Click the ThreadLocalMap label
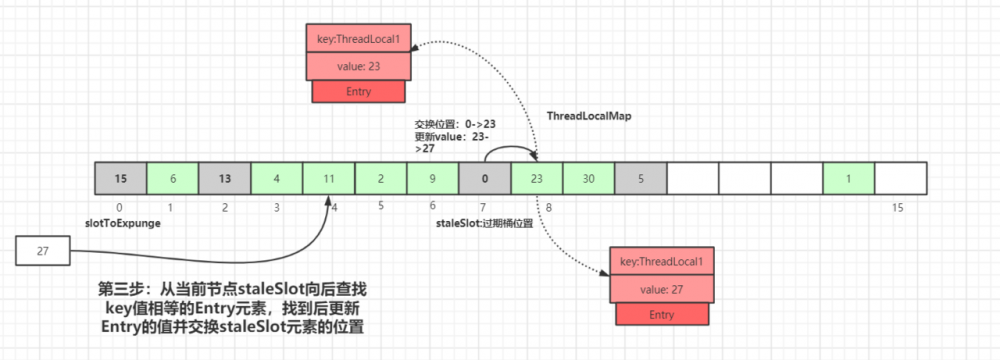click(x=589, y=116)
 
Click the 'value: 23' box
click(x=357, y=65)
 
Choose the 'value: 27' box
click(x=662, y=288)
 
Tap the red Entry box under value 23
click(x=357, y=91)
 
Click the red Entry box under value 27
click(x=662, y=314)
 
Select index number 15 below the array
click(x=899, y=208)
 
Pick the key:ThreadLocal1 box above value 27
click(x=662, y=261)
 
